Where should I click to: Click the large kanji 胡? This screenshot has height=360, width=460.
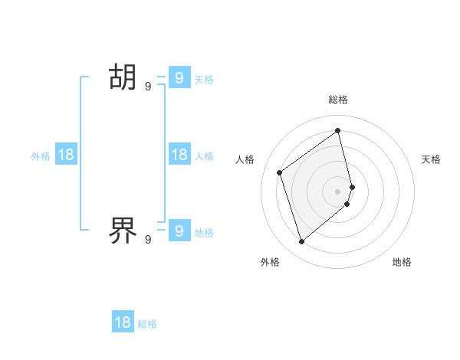click(x=123, y=77)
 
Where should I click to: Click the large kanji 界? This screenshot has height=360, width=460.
click(x=123, y=229)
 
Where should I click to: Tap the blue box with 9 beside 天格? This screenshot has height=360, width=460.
click(x=179, y=77)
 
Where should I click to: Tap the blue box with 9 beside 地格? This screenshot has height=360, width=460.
click(x=179, y=230)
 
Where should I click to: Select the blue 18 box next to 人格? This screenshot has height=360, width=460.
click(x=179, y=154)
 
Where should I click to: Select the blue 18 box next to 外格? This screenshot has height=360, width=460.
click(x=66, y=154)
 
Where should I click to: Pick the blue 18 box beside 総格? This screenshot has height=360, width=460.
click(x=123, y=322)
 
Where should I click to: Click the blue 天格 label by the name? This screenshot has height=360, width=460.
click(x=204, y=79)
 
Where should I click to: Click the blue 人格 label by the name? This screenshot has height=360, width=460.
click(x=204, y=155)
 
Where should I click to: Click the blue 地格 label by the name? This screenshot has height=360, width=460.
click(x=204, y=232)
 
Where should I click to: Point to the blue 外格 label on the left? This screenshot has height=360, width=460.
click(x=41, y=155)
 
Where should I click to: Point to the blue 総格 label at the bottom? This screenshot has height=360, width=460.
click(x=147, y=324)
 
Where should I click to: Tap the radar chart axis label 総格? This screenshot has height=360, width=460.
click(x=338, y=100)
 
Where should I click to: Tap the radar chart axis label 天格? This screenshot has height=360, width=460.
click(x=431, y=159)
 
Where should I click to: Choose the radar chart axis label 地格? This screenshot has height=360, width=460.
click(x=402, y=262)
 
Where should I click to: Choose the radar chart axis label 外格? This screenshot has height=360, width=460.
click(x=270, y=262)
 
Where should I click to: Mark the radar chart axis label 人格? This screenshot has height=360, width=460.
click(x=245, y=159)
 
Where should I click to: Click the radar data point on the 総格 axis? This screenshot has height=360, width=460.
click(x=338, y=130)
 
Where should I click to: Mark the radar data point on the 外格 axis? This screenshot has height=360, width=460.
click(x=301, y=242)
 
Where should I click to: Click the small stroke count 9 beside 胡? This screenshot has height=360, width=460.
click(x=148, y=87)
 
